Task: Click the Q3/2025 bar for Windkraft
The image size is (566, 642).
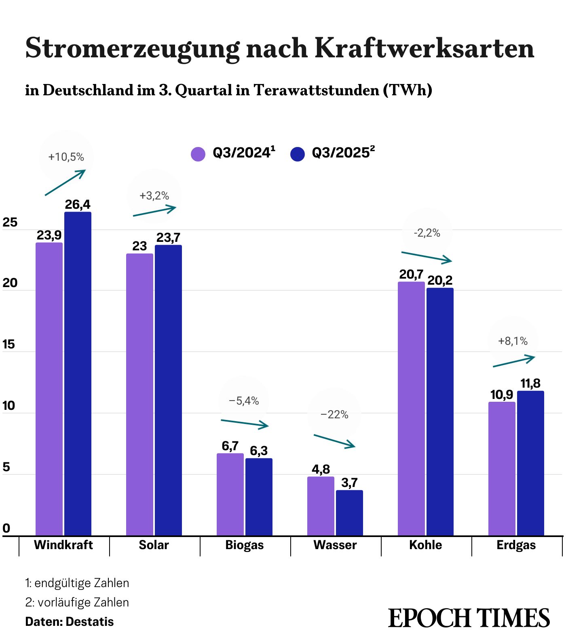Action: point(78,373)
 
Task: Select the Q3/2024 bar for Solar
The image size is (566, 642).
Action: point(139,394)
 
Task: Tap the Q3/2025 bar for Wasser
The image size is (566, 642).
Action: point(349,513)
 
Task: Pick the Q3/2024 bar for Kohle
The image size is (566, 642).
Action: point(411,409)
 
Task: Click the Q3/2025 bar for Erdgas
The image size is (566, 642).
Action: point(530,463)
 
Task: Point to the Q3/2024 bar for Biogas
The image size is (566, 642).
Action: point(230,494)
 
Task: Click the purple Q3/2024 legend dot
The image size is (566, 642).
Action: point(198,154)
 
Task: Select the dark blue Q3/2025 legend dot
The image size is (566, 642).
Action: point(298,154)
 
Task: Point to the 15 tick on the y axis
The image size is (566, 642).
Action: point(9,344)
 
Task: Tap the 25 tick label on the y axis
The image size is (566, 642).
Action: point(10,222)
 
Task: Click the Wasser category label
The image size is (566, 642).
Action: point(335,545)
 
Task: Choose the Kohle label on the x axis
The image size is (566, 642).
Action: point(425,545)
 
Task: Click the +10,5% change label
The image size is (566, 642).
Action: point(66,157)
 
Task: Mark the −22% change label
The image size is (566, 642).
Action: point(334,415)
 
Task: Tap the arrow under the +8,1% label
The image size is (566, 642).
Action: point(514,361)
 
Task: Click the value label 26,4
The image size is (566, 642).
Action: point(78,205)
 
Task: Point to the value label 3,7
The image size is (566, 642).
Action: point(349,483)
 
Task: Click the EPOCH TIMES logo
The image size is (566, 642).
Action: point(469,618)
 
